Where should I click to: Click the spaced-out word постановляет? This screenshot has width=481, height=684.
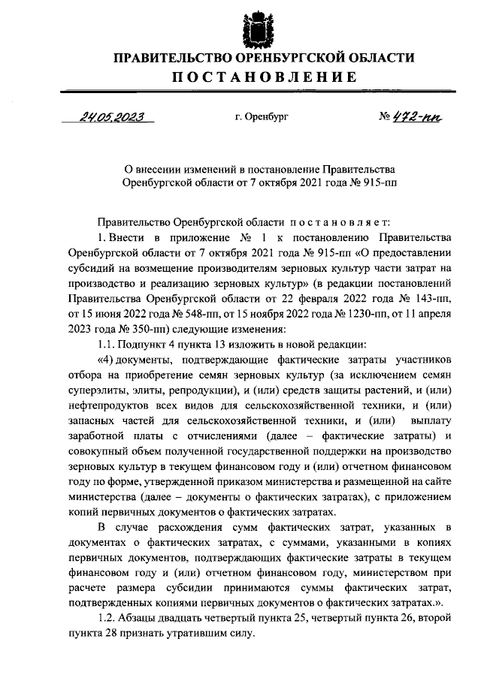(x=338, y=223)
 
